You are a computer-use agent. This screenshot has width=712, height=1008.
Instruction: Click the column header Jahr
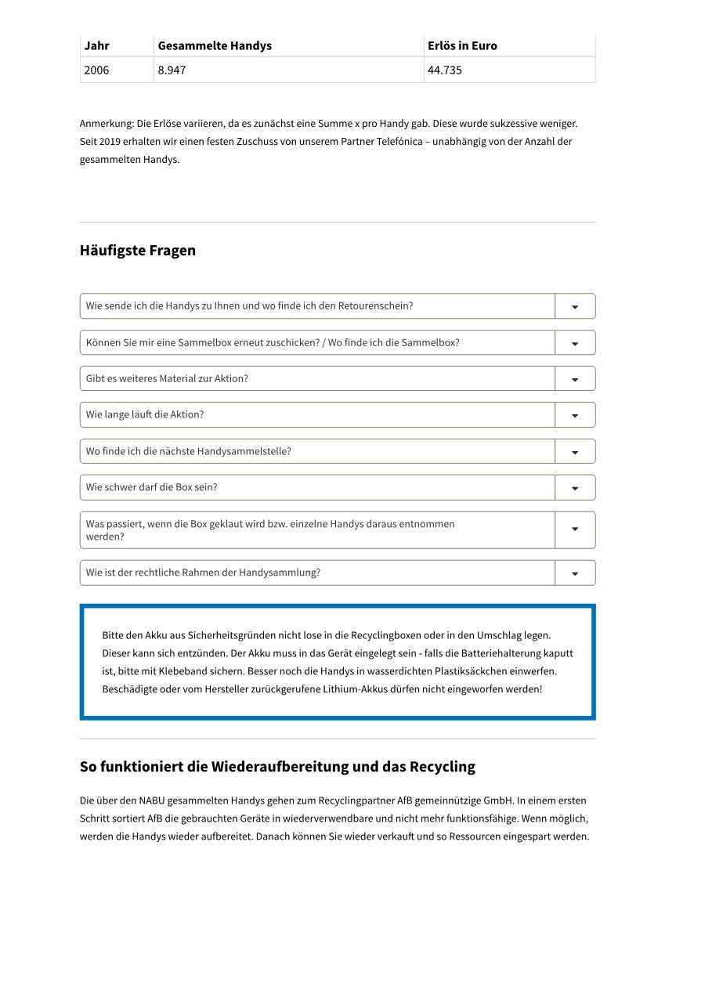pos(97,45)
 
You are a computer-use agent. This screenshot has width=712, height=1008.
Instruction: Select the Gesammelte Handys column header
pos(215,45)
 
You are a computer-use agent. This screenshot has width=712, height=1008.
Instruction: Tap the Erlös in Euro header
pos(462,45)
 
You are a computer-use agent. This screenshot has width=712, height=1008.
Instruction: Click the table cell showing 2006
pos(97,70)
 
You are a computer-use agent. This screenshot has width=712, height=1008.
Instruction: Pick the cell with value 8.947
pos(172,70)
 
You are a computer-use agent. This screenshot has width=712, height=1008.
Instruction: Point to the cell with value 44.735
pos(445,70)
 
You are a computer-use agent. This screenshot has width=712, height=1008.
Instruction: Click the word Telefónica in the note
pos(403,142)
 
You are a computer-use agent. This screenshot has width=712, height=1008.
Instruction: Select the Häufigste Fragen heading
pos(138,251)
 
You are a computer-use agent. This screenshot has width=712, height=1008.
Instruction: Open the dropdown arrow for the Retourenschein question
pos(575,306)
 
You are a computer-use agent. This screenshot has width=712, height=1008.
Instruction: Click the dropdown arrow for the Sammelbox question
pos(575,343)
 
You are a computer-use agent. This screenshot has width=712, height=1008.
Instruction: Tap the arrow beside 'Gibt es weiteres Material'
pos(575,379)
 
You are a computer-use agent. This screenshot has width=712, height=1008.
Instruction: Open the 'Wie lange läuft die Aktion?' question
pos(145,415)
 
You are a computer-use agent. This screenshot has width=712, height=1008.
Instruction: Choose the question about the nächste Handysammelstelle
pos(189,451)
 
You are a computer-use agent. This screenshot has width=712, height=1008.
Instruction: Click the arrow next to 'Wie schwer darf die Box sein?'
pos(575,488)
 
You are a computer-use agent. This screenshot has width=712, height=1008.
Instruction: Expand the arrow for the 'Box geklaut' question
pos(575,529)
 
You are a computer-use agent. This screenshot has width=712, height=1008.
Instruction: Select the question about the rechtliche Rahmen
pos(204,573)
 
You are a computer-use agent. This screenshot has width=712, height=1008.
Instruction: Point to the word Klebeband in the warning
pos(183,671)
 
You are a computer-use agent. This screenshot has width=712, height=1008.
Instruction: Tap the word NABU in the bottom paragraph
pos(153,800)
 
